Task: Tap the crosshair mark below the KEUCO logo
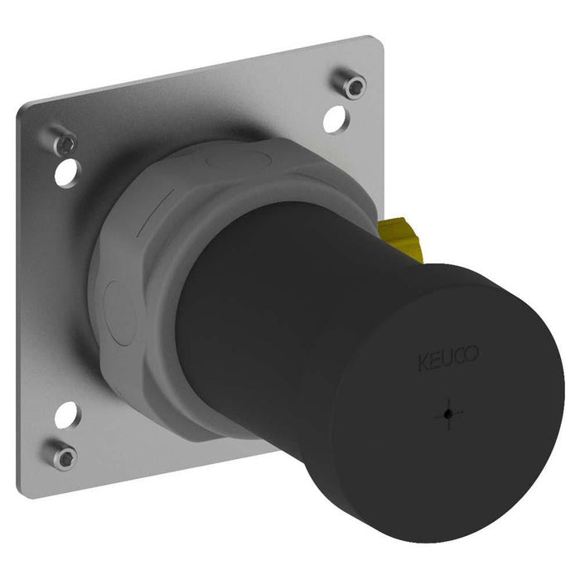pos(448,412)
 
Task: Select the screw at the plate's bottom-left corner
pos(63,455)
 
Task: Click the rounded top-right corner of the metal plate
pos(377,41)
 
